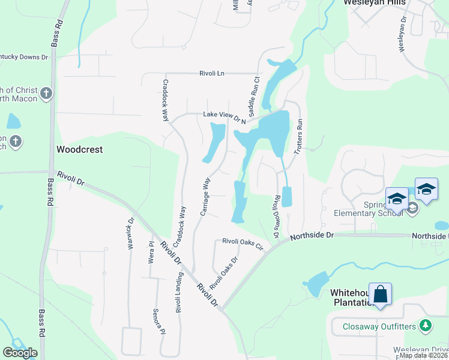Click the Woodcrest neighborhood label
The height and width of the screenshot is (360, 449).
[x=80, y=149]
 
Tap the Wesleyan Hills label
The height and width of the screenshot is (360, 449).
[x=375, y=2]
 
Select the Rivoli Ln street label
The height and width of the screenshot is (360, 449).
[x=212, y=73]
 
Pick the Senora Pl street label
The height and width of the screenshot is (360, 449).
[x=160, y=320]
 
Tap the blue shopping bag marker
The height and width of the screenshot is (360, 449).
[x=380, y=295]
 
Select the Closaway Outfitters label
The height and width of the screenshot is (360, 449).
[x=380, y=326]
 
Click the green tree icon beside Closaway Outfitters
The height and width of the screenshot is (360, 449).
[x=426, y=325]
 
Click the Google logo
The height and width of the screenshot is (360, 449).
[x=20, y=353]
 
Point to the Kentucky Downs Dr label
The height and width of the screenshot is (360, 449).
[x=24, y=57]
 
